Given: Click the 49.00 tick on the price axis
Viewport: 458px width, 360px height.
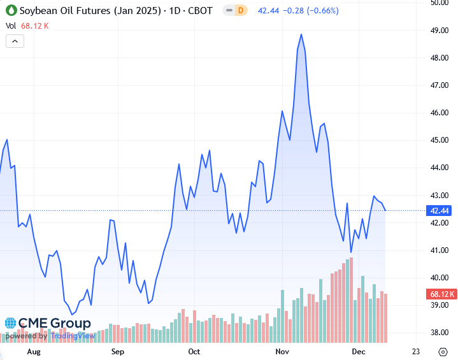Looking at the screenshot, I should (x=440, y=30).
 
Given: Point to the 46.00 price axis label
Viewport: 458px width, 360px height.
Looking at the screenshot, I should (x=440, y=112).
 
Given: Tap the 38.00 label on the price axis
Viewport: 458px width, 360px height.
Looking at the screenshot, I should (x=440, y=333).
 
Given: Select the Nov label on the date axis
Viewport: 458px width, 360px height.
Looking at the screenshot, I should (x=282, y=351).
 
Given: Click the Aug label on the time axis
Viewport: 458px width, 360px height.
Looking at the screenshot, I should (x=34, y=351).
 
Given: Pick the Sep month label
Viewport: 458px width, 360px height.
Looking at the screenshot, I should (x=117, y=351).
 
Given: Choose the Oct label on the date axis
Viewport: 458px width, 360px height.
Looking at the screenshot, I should (x=194, y=351).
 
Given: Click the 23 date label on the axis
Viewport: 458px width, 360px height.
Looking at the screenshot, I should (x=416, y=351).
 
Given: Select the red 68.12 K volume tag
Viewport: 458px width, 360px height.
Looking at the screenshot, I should (x=440, y=294).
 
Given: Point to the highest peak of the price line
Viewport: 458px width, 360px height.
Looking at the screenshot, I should (x=301, y=34).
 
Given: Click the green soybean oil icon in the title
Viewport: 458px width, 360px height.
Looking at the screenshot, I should (x=11, y=11).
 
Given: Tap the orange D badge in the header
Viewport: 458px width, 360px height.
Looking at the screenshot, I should (x=241, y=11).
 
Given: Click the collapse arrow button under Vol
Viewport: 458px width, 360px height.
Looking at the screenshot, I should (x=15, y=41).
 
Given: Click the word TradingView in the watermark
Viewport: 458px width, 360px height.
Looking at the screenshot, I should (x=73, y=336).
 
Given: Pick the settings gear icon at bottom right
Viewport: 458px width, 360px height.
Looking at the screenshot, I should (x=443, y=352).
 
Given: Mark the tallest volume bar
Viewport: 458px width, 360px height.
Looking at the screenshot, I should (x=351, y=299).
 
